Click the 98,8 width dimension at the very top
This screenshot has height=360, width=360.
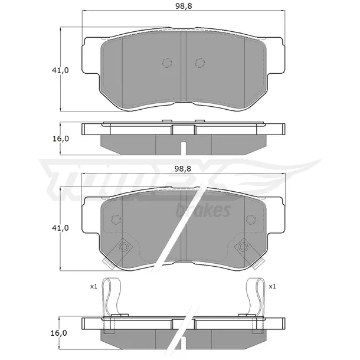tap(184, 6)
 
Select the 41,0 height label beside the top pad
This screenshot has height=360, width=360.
tap(60, 70)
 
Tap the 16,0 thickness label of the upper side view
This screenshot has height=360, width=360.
tap(61, 139)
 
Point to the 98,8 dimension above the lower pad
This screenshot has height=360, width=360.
tap(183, 169)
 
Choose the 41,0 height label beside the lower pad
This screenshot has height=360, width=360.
tap(60, 228)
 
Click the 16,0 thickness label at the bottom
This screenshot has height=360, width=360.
tap(59, 333)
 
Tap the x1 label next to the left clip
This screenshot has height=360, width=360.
tap(94, 286)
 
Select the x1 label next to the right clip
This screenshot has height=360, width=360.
tap(272, 286)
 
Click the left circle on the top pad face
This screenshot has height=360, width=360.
tap(167, 63)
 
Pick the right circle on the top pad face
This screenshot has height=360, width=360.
tap(199, 63)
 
